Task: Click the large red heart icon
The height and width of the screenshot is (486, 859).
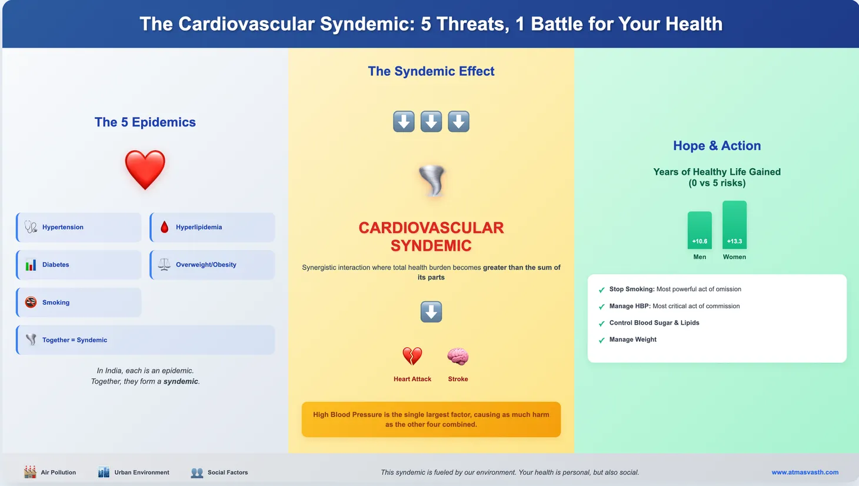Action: coord(145,169)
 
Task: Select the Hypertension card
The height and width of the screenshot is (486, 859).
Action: coord(79,227)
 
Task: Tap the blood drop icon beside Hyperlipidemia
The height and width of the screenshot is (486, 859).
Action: coord(164,227)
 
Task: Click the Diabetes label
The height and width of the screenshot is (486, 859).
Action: coord(56,265)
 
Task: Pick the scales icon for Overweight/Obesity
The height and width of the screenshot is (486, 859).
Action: coord(164,265)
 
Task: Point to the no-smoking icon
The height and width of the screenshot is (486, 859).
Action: coord(31,302)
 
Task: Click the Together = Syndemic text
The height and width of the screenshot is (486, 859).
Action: coord(75,340)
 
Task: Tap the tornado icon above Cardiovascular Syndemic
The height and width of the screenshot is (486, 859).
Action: coord(432,181)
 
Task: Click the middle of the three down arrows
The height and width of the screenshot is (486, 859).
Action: coord(431,122)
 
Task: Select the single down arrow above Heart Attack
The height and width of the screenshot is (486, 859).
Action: coord(431,312)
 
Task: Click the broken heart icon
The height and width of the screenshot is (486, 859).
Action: coord(412,356)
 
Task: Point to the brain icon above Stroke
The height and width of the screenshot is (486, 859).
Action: coord(458,356)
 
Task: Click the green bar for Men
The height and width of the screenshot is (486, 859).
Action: coord(700,230)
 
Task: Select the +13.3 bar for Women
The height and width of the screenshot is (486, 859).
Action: coord(734,225)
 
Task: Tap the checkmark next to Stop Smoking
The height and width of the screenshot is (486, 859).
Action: coord(601,290)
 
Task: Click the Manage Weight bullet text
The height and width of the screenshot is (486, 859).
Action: coord(632,339)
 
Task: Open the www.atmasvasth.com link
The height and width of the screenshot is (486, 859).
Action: coord(805,472)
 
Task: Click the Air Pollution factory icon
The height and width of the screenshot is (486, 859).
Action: coord(30,472)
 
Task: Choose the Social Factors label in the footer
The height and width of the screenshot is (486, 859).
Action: coord(228,472)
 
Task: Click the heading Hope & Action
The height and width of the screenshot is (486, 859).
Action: coord(717,145)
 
